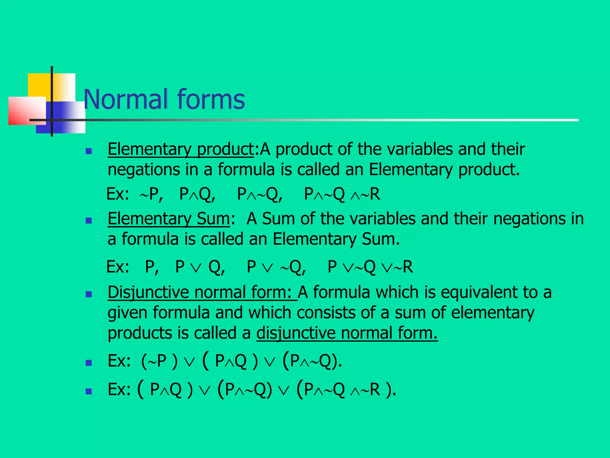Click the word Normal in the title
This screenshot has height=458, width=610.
point(125,99)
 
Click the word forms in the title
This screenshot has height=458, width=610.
point(211,99)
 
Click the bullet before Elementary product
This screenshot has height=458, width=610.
point(88,151)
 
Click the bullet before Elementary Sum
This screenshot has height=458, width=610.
point(88,221)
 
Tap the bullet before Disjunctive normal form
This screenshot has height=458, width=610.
point(88,294)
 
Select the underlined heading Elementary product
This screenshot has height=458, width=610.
point(180,149)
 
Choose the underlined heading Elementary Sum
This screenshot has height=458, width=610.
point(169,219)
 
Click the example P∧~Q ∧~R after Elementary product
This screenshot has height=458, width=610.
point(342,194)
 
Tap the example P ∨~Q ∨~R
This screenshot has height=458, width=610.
point(370,267)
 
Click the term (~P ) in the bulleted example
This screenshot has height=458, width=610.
point(159,361)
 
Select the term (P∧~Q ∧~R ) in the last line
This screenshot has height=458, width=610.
point(346,389)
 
